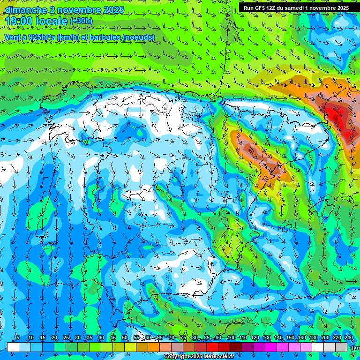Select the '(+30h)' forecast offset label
[x=81, y=21]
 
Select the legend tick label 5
[x=17, y=338]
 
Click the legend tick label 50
[x=124, y=338]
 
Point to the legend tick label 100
[x=231, y=338]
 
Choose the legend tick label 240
[x=348, y=338]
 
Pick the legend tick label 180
[x=313, y=338]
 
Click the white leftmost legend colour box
[x=13, y=347]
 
